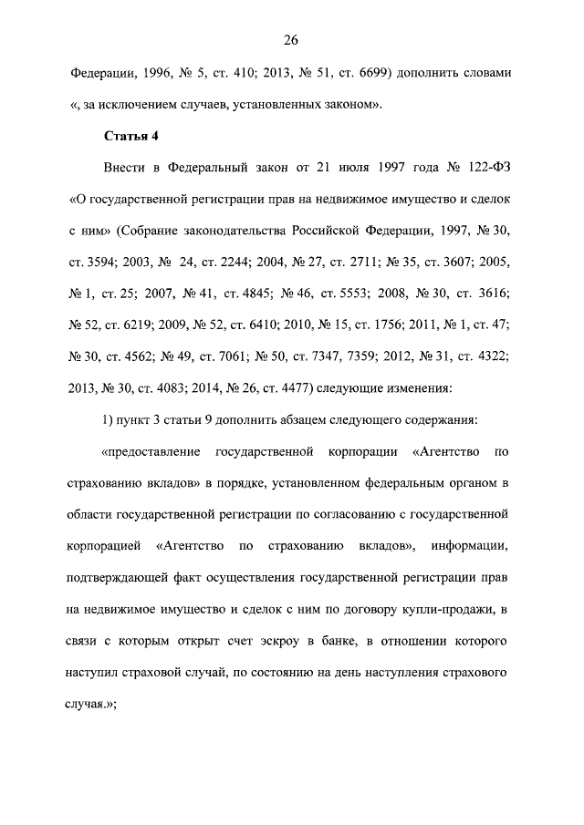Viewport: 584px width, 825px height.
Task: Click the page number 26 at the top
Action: (291, 40)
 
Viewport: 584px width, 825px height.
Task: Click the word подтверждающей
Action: (124, 577)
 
